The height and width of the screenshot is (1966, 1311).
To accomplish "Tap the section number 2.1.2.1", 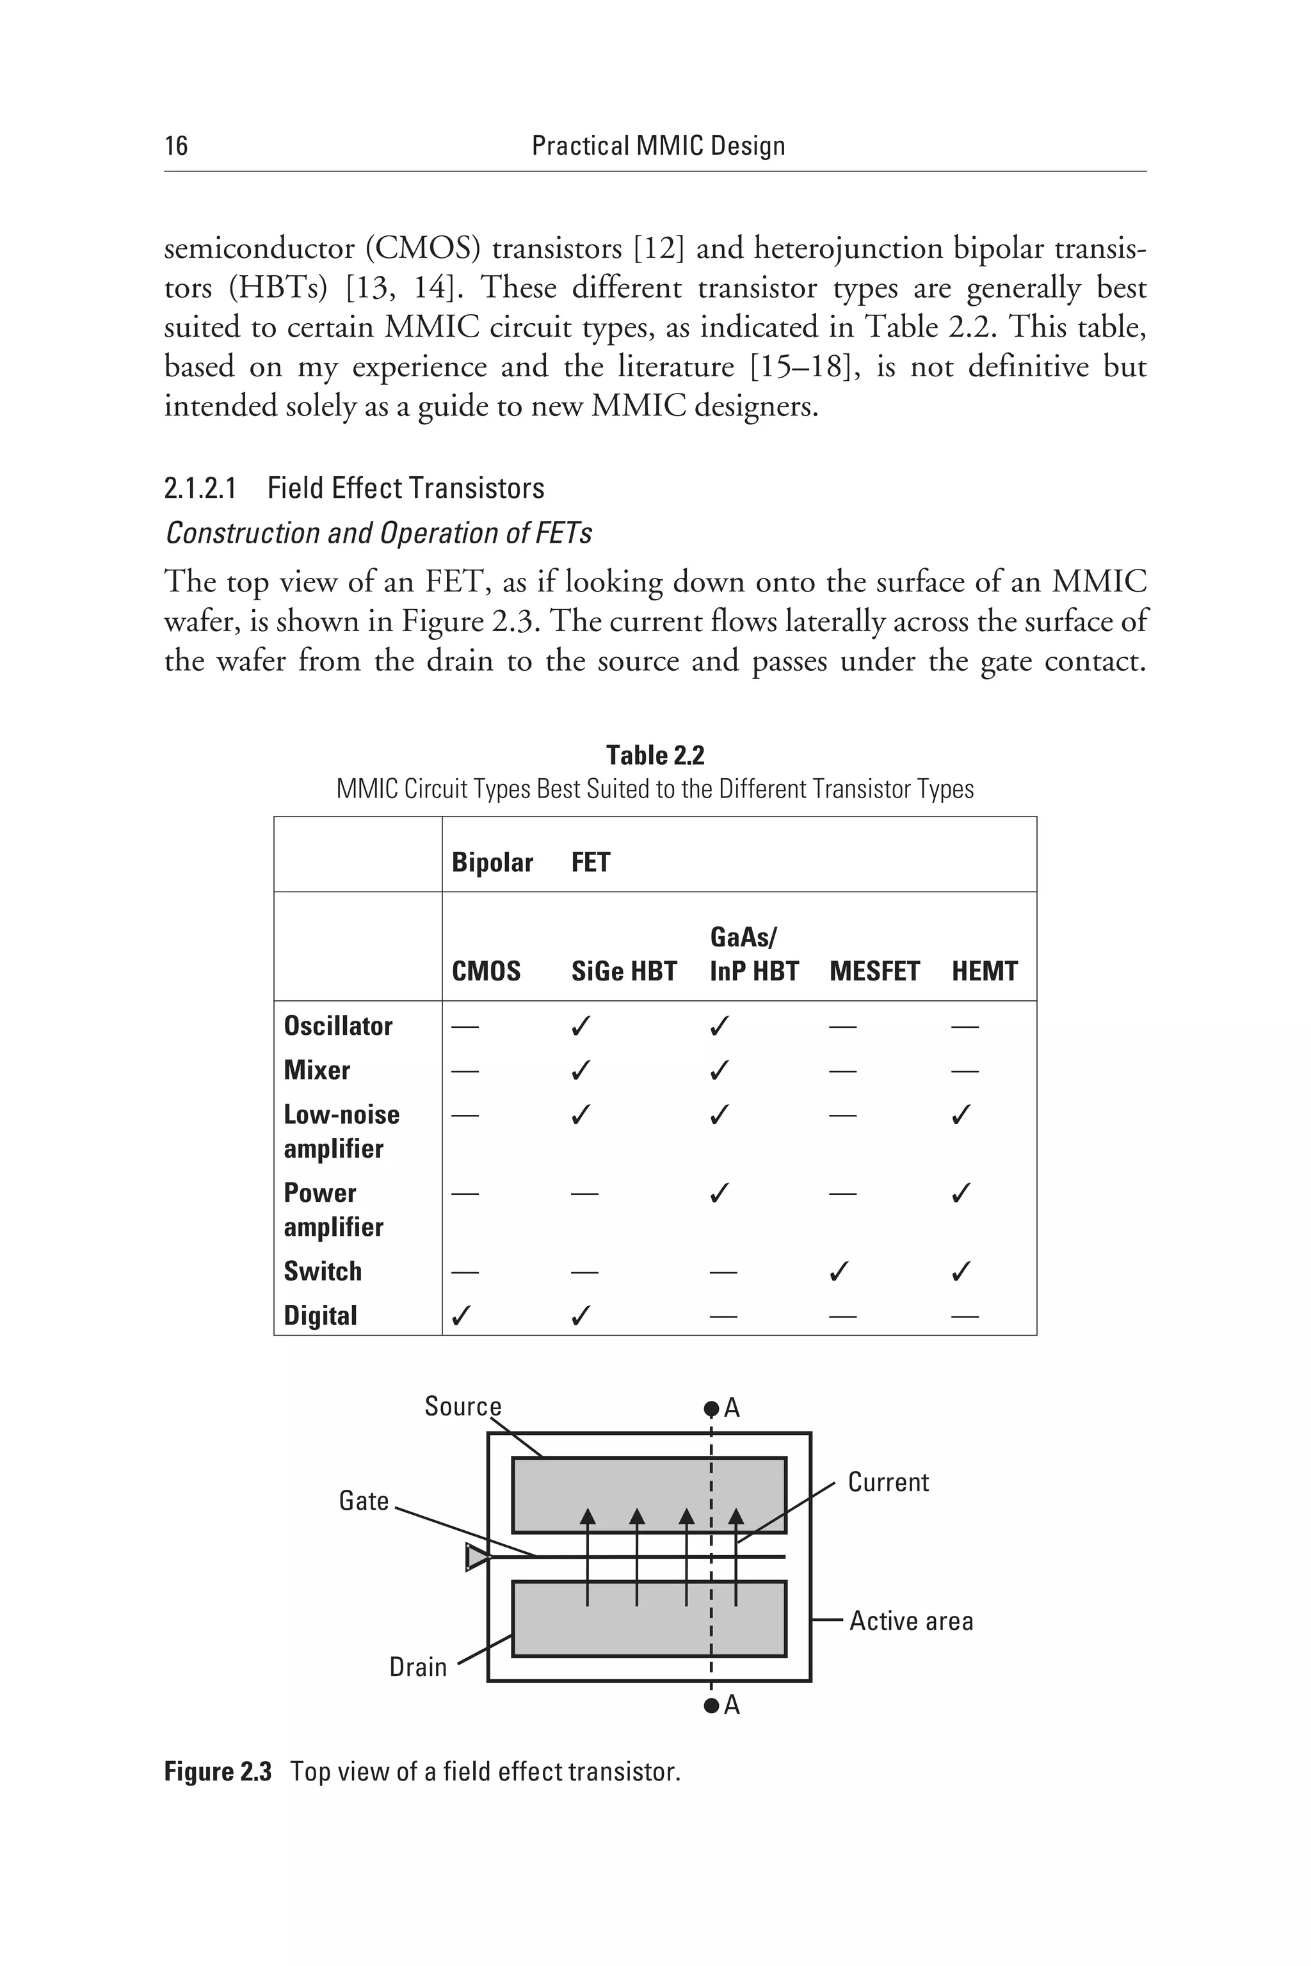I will click(x=200, y=488).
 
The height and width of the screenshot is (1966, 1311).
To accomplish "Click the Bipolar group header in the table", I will click(x=492, y=862).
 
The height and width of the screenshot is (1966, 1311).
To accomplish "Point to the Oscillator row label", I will click(x=338, y=1026).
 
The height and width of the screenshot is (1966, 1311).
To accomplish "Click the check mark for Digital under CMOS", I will click(x=461, y=1316).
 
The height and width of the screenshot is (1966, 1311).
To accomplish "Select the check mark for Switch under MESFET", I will click(x=839, y=1272).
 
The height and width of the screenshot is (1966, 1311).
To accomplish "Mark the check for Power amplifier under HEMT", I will click(x=961, y=1193).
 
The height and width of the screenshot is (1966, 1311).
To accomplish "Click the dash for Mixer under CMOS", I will click(x=465, y=1071).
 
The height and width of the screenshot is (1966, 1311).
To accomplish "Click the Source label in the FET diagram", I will click(x=462, y=1406).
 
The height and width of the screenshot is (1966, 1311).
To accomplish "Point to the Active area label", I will click(x=912, y=1621).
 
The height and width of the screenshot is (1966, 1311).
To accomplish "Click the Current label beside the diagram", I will click(x=888, y=1482).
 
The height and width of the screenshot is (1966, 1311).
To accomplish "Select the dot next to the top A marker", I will click(x=711, y=1409).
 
